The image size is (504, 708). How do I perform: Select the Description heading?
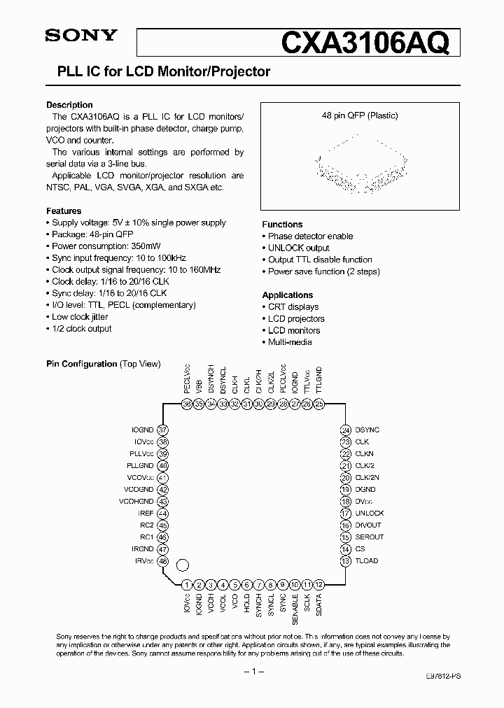[x=69, y=105]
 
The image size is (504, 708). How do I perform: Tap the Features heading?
[x=64, y=211]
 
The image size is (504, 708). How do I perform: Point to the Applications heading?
[x=288, y=295]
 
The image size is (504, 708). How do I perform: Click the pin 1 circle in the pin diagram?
[x=187, y=585]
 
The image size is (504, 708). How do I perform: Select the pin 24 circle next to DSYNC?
[x=345, y=430]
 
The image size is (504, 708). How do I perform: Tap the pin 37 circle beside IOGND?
[x=163, y=430]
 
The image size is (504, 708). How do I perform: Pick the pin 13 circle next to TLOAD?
[x=345, y=561]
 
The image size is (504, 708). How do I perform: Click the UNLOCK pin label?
[x=370, y=514]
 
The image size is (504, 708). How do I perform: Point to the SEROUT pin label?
[x=370, y=537]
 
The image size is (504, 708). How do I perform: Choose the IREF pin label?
[x=146, y=514]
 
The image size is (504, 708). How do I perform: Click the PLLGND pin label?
[x=140, y=466]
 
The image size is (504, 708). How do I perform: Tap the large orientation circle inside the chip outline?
[x=183, y=565]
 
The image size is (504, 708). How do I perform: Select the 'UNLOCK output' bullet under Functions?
[x=299, y=248]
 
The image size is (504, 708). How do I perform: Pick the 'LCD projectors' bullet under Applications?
[x=296, y=319]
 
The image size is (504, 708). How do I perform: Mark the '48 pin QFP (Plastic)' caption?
[x=360, y=115]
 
